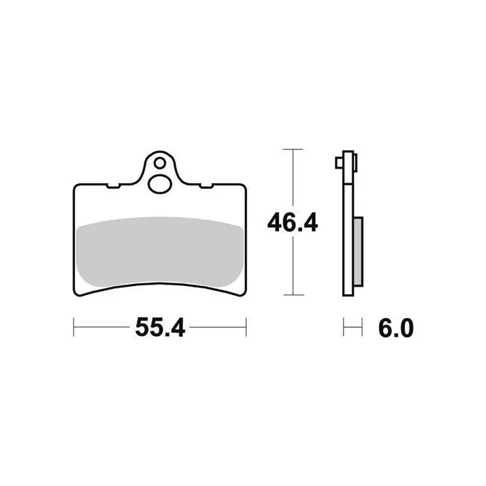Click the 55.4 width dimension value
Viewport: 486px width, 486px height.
click(160, 327)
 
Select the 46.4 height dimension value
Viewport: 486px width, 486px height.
click(292, 223)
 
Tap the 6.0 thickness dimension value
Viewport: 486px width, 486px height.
click(396, 328)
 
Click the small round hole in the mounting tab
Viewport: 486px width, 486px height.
click(160, 163)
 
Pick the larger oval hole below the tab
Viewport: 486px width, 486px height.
click(160, 184)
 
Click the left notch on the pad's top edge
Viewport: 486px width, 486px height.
click(113, 186)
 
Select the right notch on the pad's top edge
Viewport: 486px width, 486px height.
click(206, 186)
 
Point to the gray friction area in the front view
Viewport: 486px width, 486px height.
click(160, 251)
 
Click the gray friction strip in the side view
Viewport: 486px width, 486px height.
click(358, 251)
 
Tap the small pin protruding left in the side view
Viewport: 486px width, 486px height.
click(340, 163)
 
